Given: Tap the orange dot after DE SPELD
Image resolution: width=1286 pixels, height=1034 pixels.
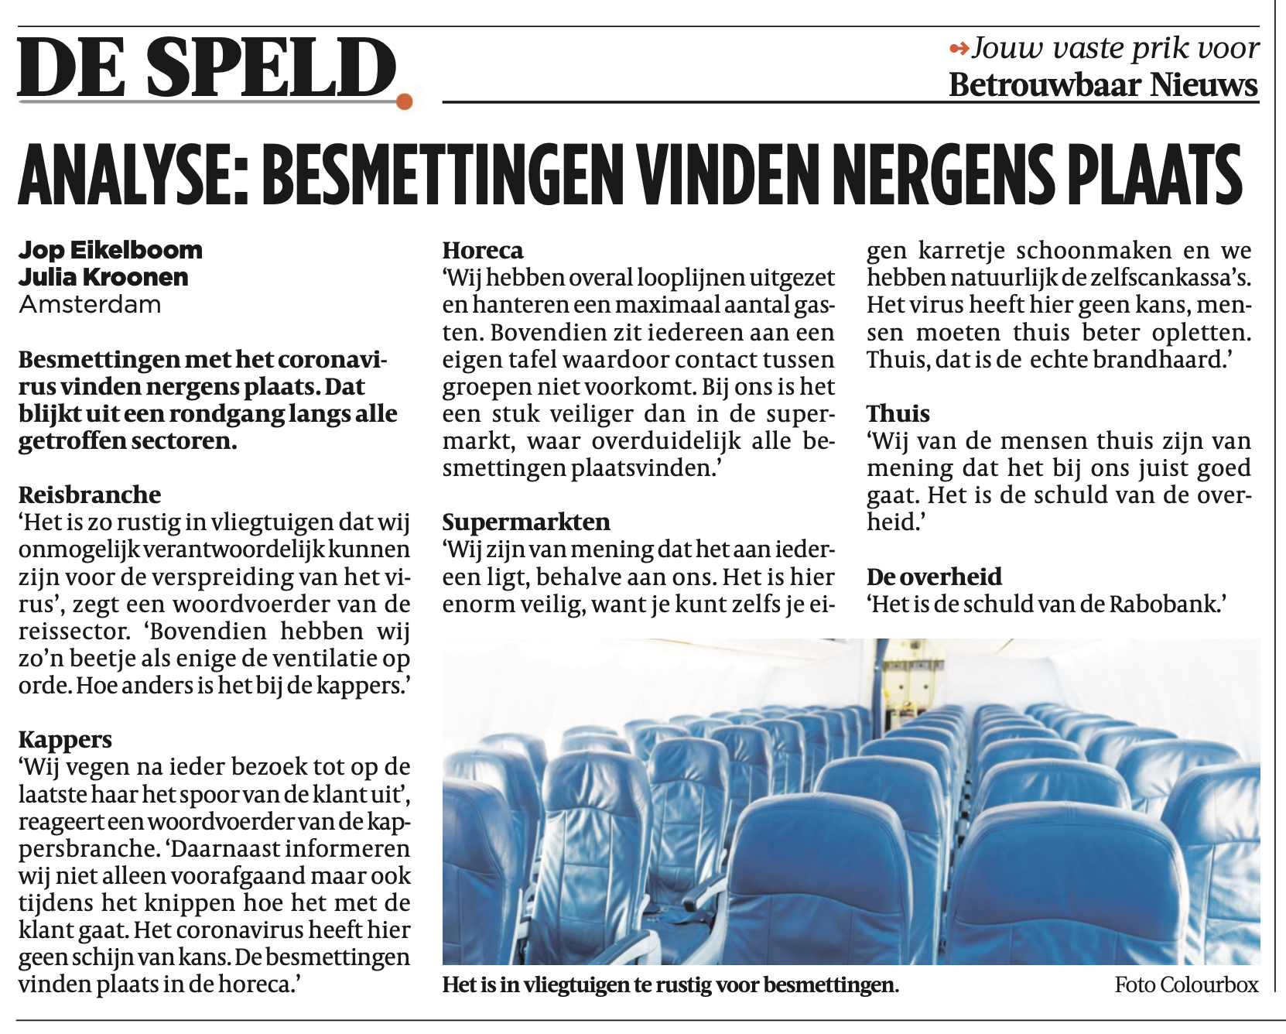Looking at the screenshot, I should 403,101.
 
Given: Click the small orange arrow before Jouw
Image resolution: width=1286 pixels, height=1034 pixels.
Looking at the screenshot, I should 959,50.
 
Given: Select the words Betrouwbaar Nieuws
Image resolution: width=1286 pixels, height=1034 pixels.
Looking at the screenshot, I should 1103,84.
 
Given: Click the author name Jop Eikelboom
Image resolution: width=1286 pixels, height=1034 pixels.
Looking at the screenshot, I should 111,250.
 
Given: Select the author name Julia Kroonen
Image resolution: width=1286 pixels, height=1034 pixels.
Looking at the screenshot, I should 104,277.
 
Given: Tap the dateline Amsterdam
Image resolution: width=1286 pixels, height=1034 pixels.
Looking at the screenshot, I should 90,304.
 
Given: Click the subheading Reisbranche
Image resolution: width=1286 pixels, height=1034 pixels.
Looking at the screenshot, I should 90,495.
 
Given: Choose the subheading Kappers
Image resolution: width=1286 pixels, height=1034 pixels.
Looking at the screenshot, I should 65,739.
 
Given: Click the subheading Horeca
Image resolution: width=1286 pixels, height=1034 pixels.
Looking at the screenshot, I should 483,250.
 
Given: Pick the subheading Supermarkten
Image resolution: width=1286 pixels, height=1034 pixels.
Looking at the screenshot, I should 526,522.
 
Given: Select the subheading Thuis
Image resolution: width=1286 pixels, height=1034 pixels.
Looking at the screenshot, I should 898,413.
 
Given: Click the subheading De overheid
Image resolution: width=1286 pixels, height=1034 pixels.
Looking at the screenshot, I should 934,577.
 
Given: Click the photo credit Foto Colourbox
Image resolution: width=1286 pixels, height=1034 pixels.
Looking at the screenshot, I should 1186,984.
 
